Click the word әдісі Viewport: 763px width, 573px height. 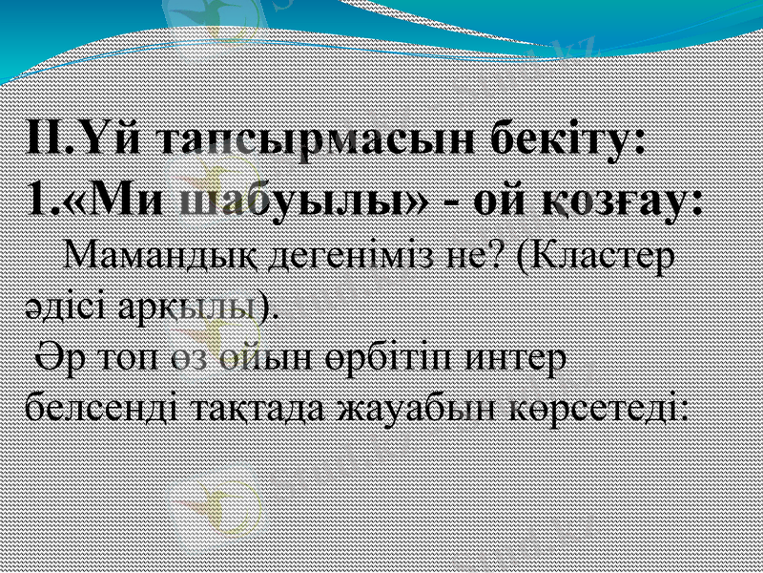pyautogui.click(x=61, y=307)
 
